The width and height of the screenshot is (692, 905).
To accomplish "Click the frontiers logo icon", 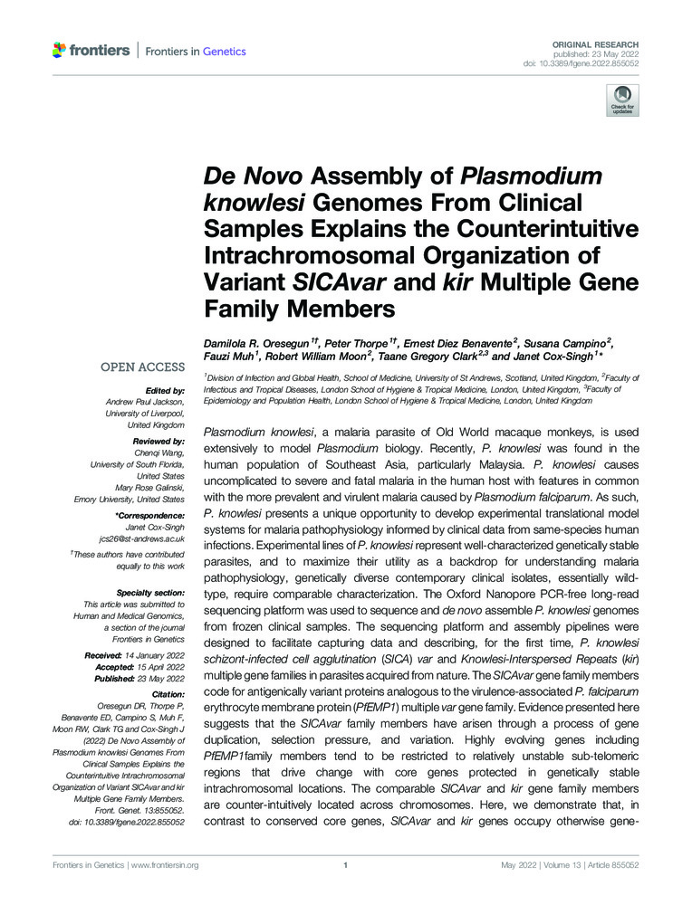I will pyautogui.click(x=60, y=51).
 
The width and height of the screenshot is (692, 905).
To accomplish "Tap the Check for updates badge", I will pyautogui.click(x=623, y=100).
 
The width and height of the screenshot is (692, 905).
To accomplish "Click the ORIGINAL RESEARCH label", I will pyautogui.click(x=601, y=44).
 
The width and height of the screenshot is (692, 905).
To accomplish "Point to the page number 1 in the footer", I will pyautogui.click(x=346, y=865).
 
